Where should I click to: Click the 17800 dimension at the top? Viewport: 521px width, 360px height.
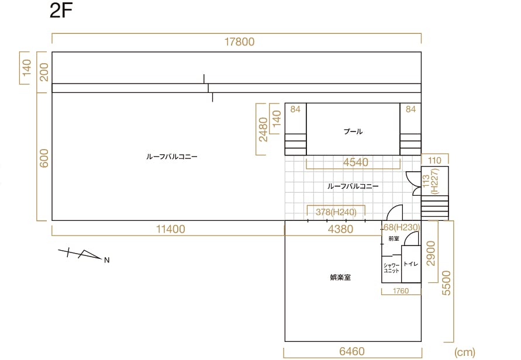click(240, 42)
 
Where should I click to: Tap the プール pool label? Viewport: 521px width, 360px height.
click(353, 131)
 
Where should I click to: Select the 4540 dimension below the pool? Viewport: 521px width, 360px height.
click(356, 162)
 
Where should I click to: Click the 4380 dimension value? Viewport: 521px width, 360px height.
click(340, 229)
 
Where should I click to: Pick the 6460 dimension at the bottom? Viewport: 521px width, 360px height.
click(352, 352)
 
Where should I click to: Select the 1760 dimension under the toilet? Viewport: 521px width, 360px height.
click(401, 291)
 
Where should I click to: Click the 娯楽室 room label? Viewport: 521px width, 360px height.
click(340, 278)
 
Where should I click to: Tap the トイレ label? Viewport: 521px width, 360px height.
click(410, 264)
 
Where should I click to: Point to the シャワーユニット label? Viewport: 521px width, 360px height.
click(391, 268)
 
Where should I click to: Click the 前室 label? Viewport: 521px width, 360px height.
click(394, 239)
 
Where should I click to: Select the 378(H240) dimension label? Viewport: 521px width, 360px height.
click(336, 212)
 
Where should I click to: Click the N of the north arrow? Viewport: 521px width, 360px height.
click(107, 260)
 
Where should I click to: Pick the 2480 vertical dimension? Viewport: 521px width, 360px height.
click(263, 129)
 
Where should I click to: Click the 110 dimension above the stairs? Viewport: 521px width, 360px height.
click(434, 160)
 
